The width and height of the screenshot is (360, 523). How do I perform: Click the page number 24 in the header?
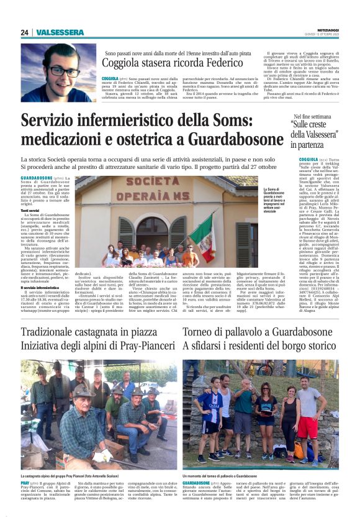(x=24, y=32)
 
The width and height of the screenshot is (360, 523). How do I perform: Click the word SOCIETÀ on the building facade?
(x=139, y=185)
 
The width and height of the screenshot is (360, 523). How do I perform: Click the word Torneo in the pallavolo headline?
(x=204, y=333)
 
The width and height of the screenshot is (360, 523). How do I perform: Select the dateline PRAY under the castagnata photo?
(x=25, y=482)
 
